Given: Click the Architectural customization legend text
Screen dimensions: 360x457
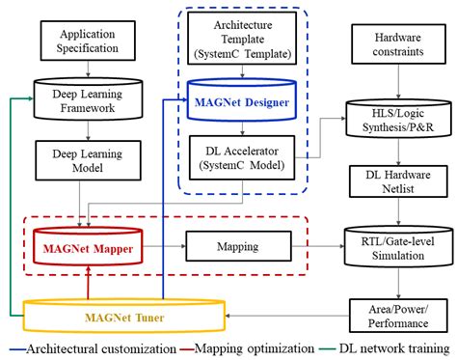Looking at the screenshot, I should click(x=96, y=348).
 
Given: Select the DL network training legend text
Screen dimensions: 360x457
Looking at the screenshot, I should click(x=390, y=348).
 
